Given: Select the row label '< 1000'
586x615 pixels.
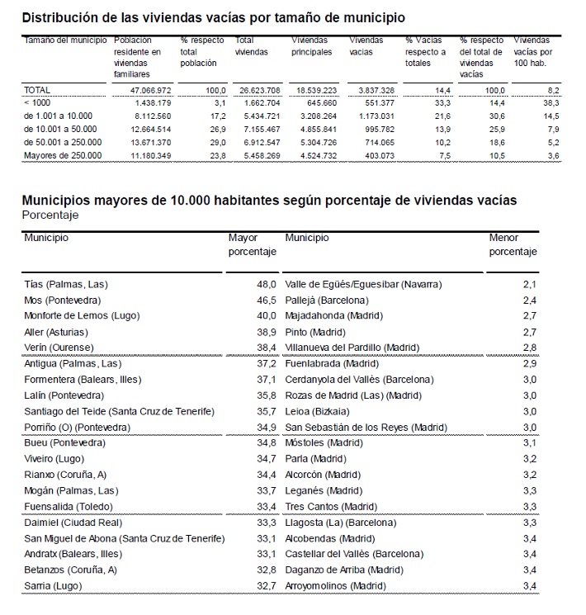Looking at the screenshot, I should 37,102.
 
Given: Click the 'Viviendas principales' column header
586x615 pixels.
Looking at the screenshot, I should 313,46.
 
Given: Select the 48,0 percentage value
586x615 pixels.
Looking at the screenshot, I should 266,285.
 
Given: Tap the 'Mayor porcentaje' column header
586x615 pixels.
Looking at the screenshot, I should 252,245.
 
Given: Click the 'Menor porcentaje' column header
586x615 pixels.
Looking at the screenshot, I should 513,245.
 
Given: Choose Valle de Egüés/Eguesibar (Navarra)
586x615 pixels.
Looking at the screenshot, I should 363,285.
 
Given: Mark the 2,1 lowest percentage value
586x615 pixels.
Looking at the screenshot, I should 530,285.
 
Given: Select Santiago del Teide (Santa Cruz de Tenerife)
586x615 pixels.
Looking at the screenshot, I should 119,411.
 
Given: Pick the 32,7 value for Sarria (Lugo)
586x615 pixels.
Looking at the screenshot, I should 266,585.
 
